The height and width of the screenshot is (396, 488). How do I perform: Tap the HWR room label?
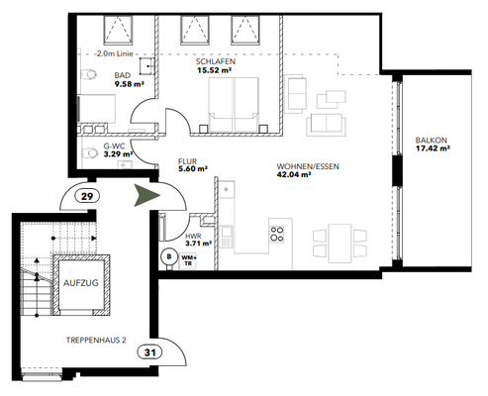point(192,235)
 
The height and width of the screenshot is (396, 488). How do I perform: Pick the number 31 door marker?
point(149,351)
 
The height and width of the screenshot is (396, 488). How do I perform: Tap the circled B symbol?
point(168,253)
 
